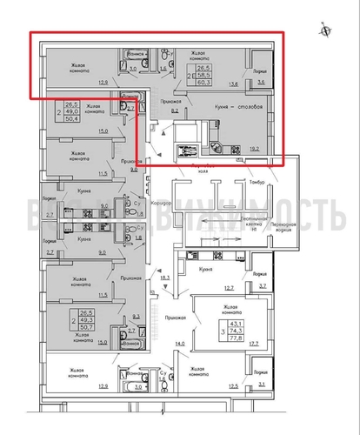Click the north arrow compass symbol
[325, 30]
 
